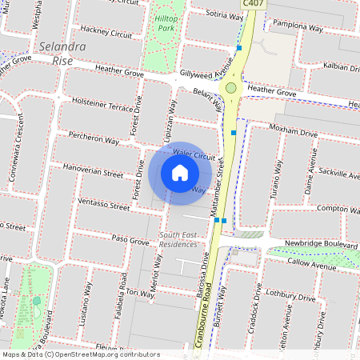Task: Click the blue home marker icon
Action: pyautogui.click(x=180, y=173)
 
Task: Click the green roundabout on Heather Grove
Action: pyautogui.click(x=231, y=87)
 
